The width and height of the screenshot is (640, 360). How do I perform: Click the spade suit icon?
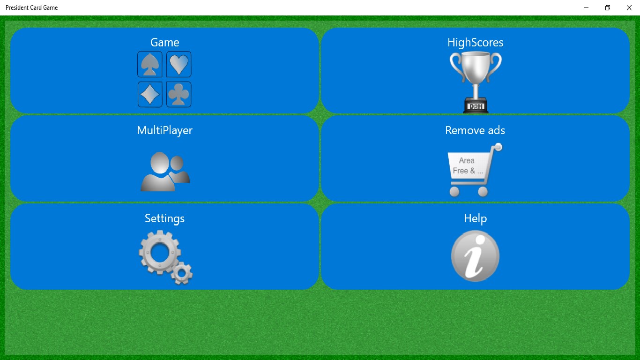tap(150, 64)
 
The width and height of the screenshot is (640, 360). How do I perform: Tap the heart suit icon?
tap(179, 64)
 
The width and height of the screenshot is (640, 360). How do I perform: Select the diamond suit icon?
tap(150, 94)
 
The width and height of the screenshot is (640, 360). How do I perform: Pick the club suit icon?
tap(179, 94)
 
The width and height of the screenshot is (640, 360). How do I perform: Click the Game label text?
tap(165, 43)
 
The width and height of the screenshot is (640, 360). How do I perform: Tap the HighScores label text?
tap(476, 43)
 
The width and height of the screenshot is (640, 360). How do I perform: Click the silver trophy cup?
tap(476, 82)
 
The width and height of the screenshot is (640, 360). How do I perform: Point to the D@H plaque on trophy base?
tap(476, 107)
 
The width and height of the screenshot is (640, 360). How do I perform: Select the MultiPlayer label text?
tap(165, 130)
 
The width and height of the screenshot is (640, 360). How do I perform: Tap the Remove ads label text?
tap(475, 130)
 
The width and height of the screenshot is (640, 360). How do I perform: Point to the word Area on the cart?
tap(467, 161)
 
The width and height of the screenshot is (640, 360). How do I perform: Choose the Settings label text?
tap(165, 218)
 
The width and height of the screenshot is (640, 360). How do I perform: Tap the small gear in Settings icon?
tap(182, 273)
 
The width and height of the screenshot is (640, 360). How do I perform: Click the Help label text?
tap(476, 218)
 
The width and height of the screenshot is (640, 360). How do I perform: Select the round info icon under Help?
tap(475, 256)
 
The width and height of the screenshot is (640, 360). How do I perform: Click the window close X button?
tap(629, 7)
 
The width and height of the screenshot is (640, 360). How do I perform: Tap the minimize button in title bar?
tap(586, 7)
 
